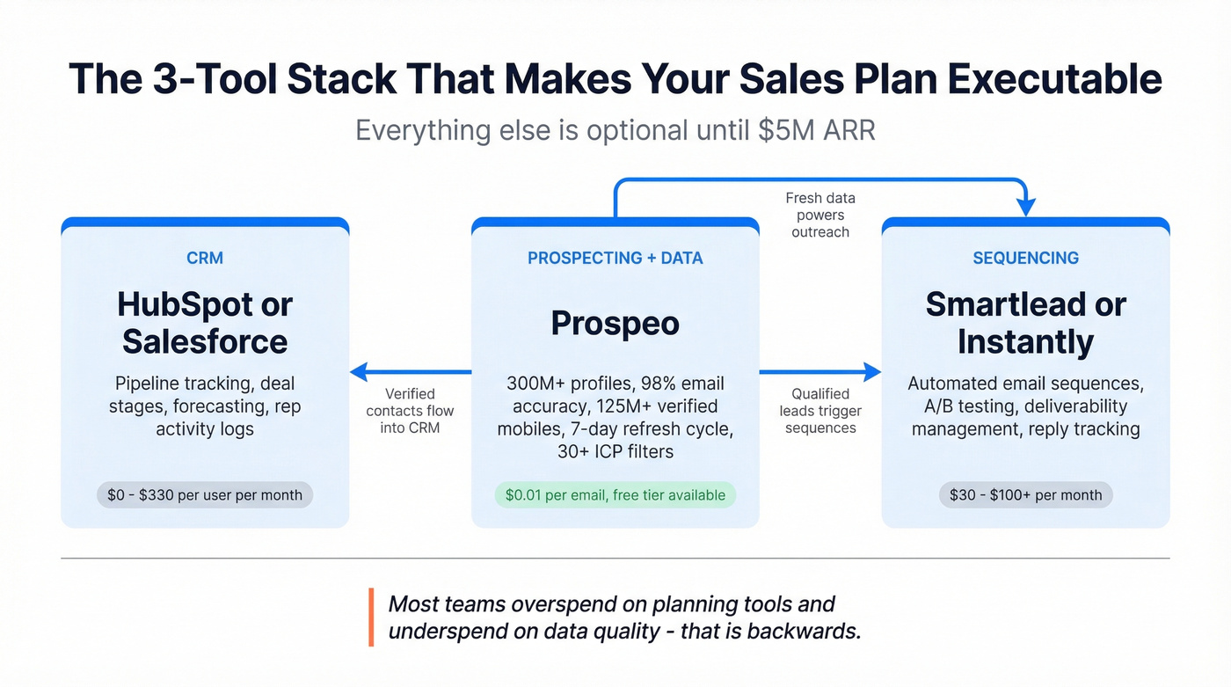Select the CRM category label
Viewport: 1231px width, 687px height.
205,258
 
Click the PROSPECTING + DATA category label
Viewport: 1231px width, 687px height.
615,258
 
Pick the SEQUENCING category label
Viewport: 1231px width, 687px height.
1025,258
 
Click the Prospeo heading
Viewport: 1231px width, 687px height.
615,324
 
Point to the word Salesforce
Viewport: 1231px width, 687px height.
205,342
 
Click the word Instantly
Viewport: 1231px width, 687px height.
1025,342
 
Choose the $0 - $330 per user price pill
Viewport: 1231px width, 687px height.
205,495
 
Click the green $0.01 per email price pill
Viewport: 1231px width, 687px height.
615,495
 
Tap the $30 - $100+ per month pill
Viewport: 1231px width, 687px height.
1025,495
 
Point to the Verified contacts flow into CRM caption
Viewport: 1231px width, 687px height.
410,411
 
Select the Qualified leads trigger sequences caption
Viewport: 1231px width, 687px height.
820,411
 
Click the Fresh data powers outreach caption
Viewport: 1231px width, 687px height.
819,216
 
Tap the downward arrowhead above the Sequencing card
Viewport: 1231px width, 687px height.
1025,208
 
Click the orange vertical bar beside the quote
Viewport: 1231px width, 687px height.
371,618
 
